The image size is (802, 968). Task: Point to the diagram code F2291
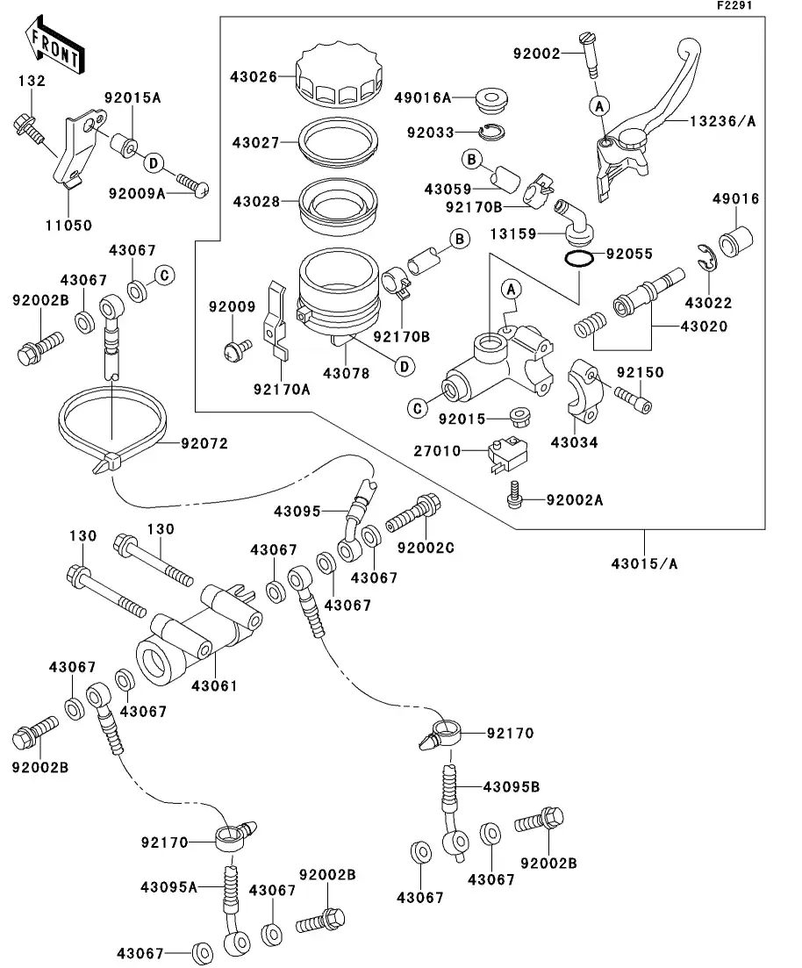734,6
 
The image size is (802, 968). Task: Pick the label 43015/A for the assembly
645,563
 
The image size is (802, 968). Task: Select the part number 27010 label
437,451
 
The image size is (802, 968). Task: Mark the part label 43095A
168,886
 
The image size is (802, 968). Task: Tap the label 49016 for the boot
735,199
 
